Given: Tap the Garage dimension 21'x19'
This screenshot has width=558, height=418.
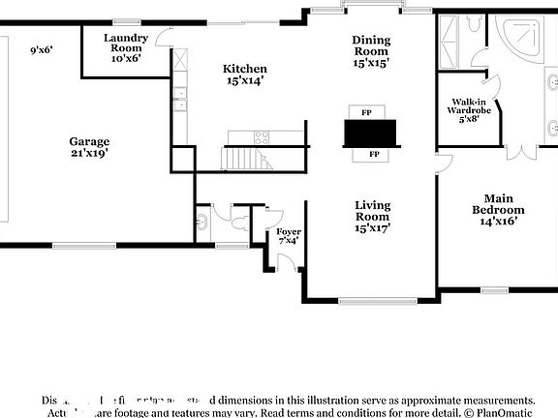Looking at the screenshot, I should click(88, 146).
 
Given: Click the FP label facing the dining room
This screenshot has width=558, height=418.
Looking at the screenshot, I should click(366, 112).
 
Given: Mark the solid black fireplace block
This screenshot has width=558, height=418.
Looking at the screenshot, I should click(370, 133).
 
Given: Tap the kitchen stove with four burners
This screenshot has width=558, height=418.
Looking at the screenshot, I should click(261, 136).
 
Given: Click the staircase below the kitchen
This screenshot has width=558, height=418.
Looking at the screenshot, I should click(245, 158).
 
